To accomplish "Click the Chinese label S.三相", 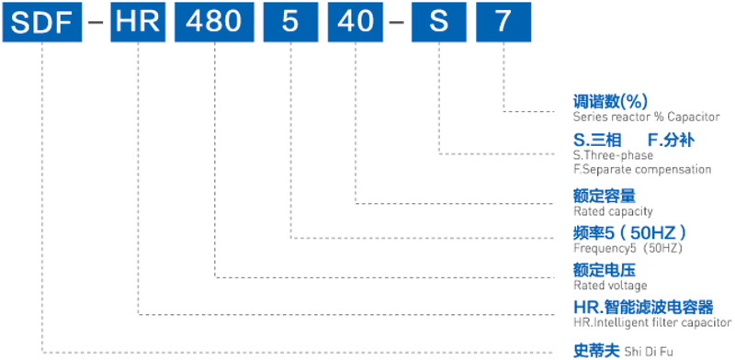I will coord(594,141).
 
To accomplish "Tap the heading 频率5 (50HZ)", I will coord(630,232).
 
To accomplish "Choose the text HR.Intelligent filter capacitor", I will coord(651,323).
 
